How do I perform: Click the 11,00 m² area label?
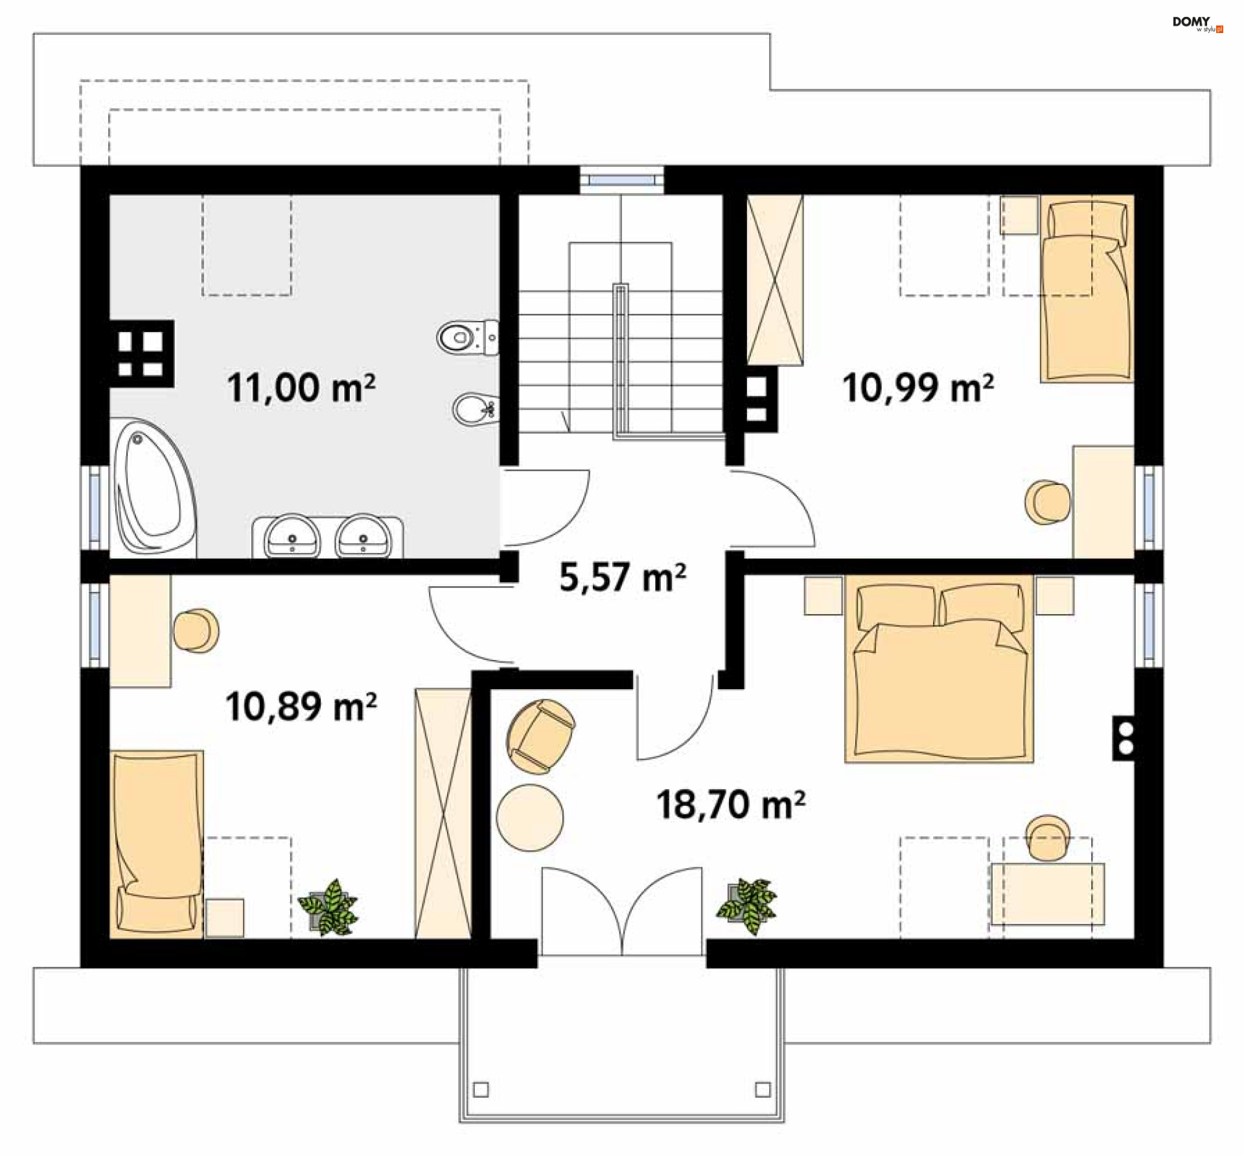(x=301, y=388)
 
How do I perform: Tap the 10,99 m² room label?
(x=918, y=388)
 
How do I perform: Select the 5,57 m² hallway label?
(x=623, y=577)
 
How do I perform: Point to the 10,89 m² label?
(x=301, y=706)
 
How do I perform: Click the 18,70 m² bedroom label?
(x=731, y=805)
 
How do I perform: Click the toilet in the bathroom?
(x=468, y=337)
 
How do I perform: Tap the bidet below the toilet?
(x=476, y=409)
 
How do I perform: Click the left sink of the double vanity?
(x=292, y=536)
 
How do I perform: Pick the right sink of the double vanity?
(x=363, y=536)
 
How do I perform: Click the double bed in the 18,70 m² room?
(x=939, y=669)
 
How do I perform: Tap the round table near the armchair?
(x=530, y=818)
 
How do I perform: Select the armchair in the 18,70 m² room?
(x=541, y=737)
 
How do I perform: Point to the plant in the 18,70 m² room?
(x=747, y=906)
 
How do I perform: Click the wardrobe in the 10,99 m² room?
(x=775, y=280)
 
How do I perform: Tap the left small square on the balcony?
(x=481, y=1089)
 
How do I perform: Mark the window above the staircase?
(x=621, y=180)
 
